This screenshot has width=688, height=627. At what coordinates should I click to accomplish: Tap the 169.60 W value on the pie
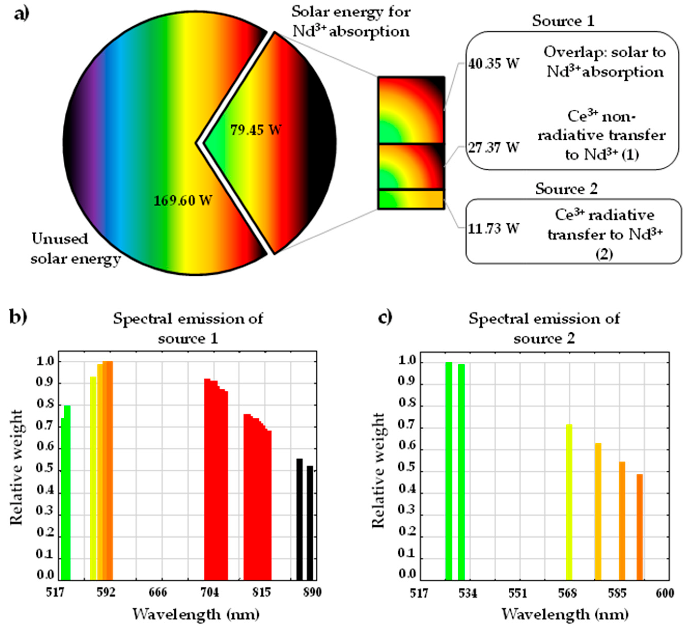[x=183, y=200]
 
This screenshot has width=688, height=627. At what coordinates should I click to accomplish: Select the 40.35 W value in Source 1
[x=493, y=64]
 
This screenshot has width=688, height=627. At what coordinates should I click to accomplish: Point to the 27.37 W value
[x=493, y=148]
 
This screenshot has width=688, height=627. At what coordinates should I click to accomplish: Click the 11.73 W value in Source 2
[x=493, y=228]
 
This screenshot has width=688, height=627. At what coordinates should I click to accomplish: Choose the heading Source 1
[x=563, y=21]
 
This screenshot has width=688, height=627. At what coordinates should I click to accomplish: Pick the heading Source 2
[x=566, y=189]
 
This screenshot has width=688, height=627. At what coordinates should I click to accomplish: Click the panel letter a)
[x=22, y=14]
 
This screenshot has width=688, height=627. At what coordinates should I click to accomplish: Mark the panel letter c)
[x=385, y=317]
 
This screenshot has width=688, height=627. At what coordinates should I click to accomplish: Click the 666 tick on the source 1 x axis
[x=158, y=592]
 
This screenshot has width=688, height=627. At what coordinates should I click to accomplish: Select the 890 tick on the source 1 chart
[x=312, y=592]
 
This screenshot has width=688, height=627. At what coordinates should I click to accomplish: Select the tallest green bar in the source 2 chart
[x=449, y=471]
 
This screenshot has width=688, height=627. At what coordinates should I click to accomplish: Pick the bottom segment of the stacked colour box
[x=411, y=199]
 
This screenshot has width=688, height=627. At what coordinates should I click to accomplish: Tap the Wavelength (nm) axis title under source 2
[x=565, y=614]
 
